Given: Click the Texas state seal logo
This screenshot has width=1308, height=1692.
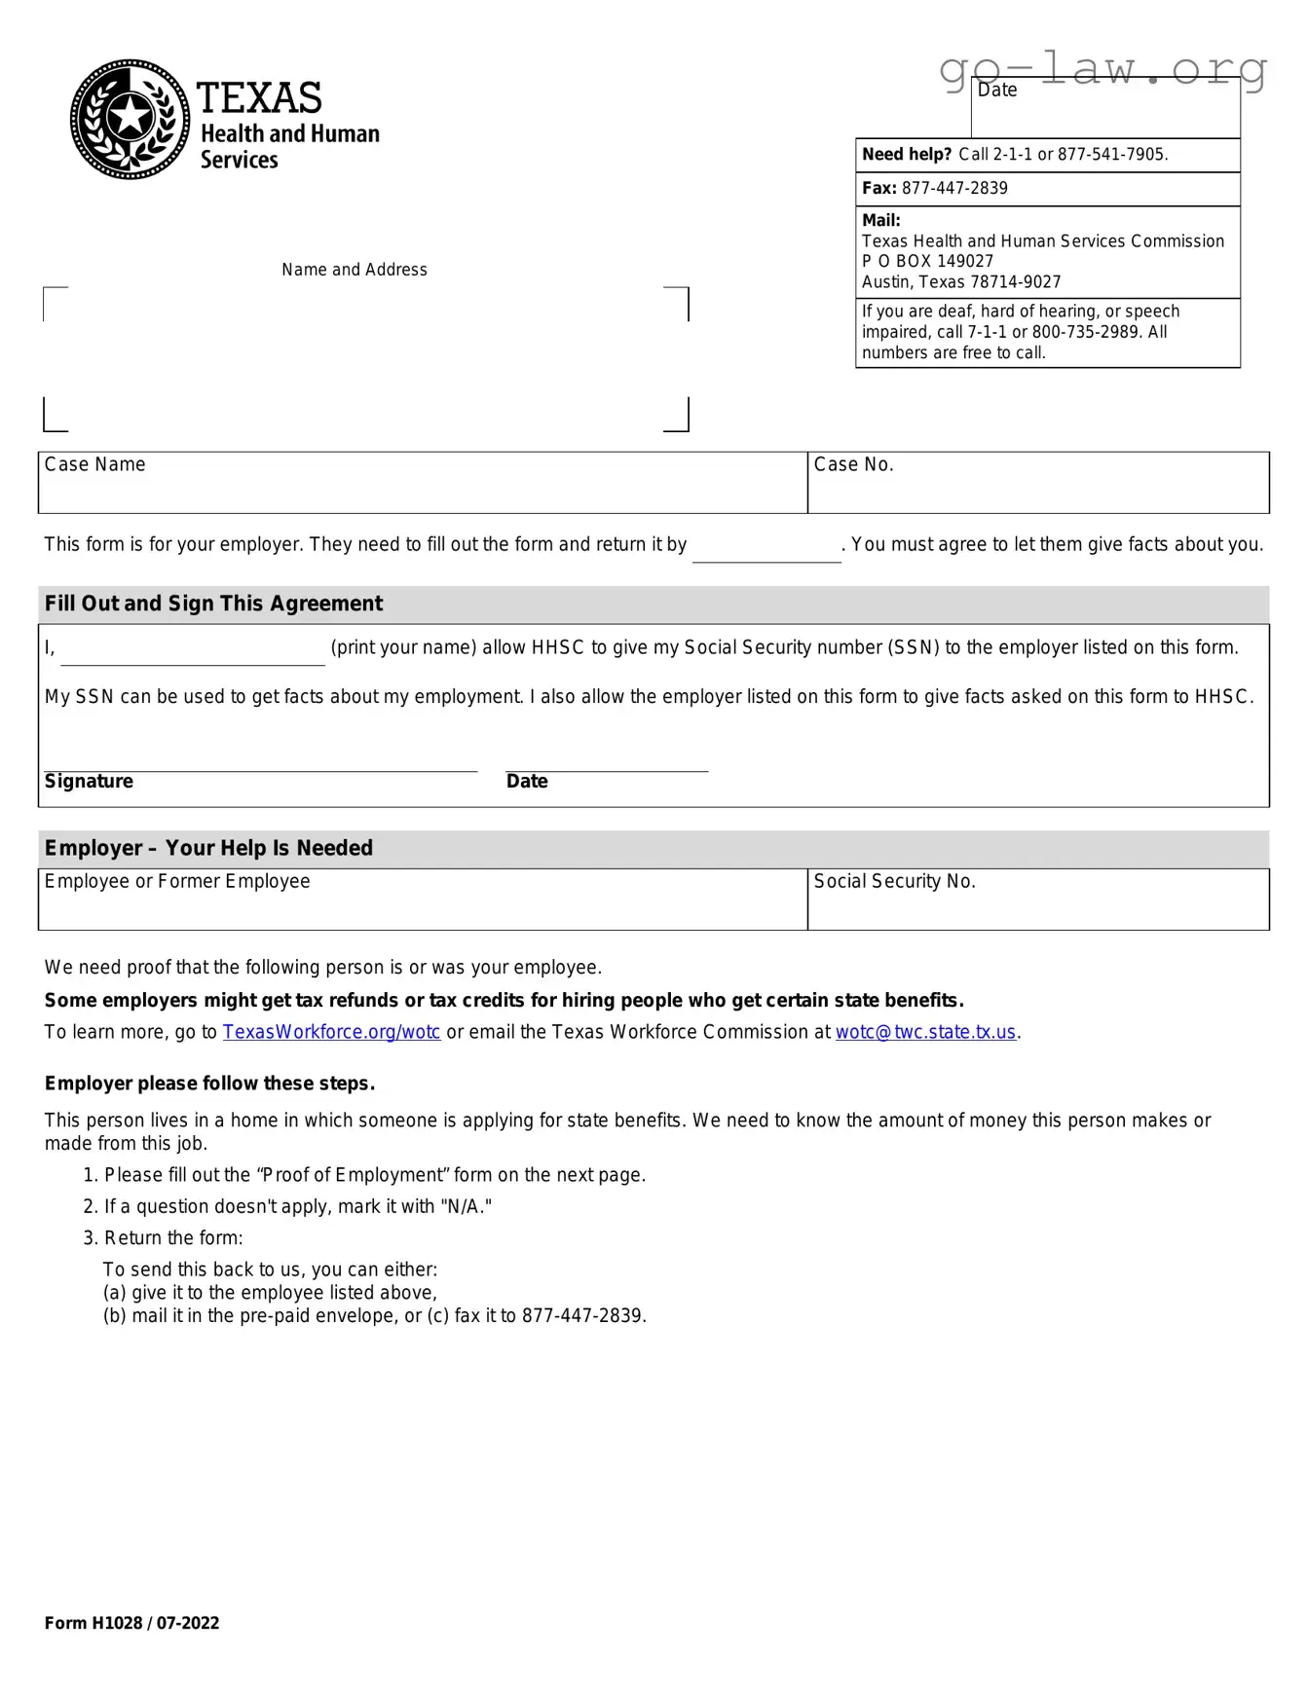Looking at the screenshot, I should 130,119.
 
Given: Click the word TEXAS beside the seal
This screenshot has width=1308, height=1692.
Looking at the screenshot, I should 259,98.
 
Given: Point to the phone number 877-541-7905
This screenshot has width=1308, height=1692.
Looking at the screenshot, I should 1111,155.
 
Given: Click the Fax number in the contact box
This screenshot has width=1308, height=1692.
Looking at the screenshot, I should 953,188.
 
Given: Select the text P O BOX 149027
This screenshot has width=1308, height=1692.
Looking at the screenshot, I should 927,261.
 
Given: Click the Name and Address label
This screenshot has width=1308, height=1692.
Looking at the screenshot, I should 355,270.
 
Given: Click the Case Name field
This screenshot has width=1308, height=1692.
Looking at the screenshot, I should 422,483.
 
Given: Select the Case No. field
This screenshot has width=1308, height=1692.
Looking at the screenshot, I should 1037,483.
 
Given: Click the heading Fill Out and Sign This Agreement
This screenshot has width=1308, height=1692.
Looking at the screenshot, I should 213,604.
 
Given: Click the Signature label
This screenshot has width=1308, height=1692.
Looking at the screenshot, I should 89,782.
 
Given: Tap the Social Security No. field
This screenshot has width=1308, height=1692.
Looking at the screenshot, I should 1037,900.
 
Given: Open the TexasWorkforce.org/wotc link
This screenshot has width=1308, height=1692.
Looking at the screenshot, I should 331,1032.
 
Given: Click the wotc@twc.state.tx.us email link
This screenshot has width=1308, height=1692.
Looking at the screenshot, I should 925,1032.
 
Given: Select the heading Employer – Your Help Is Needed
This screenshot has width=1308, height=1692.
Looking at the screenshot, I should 208,848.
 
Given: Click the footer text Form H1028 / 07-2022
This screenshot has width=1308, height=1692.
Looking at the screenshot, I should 131,1623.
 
